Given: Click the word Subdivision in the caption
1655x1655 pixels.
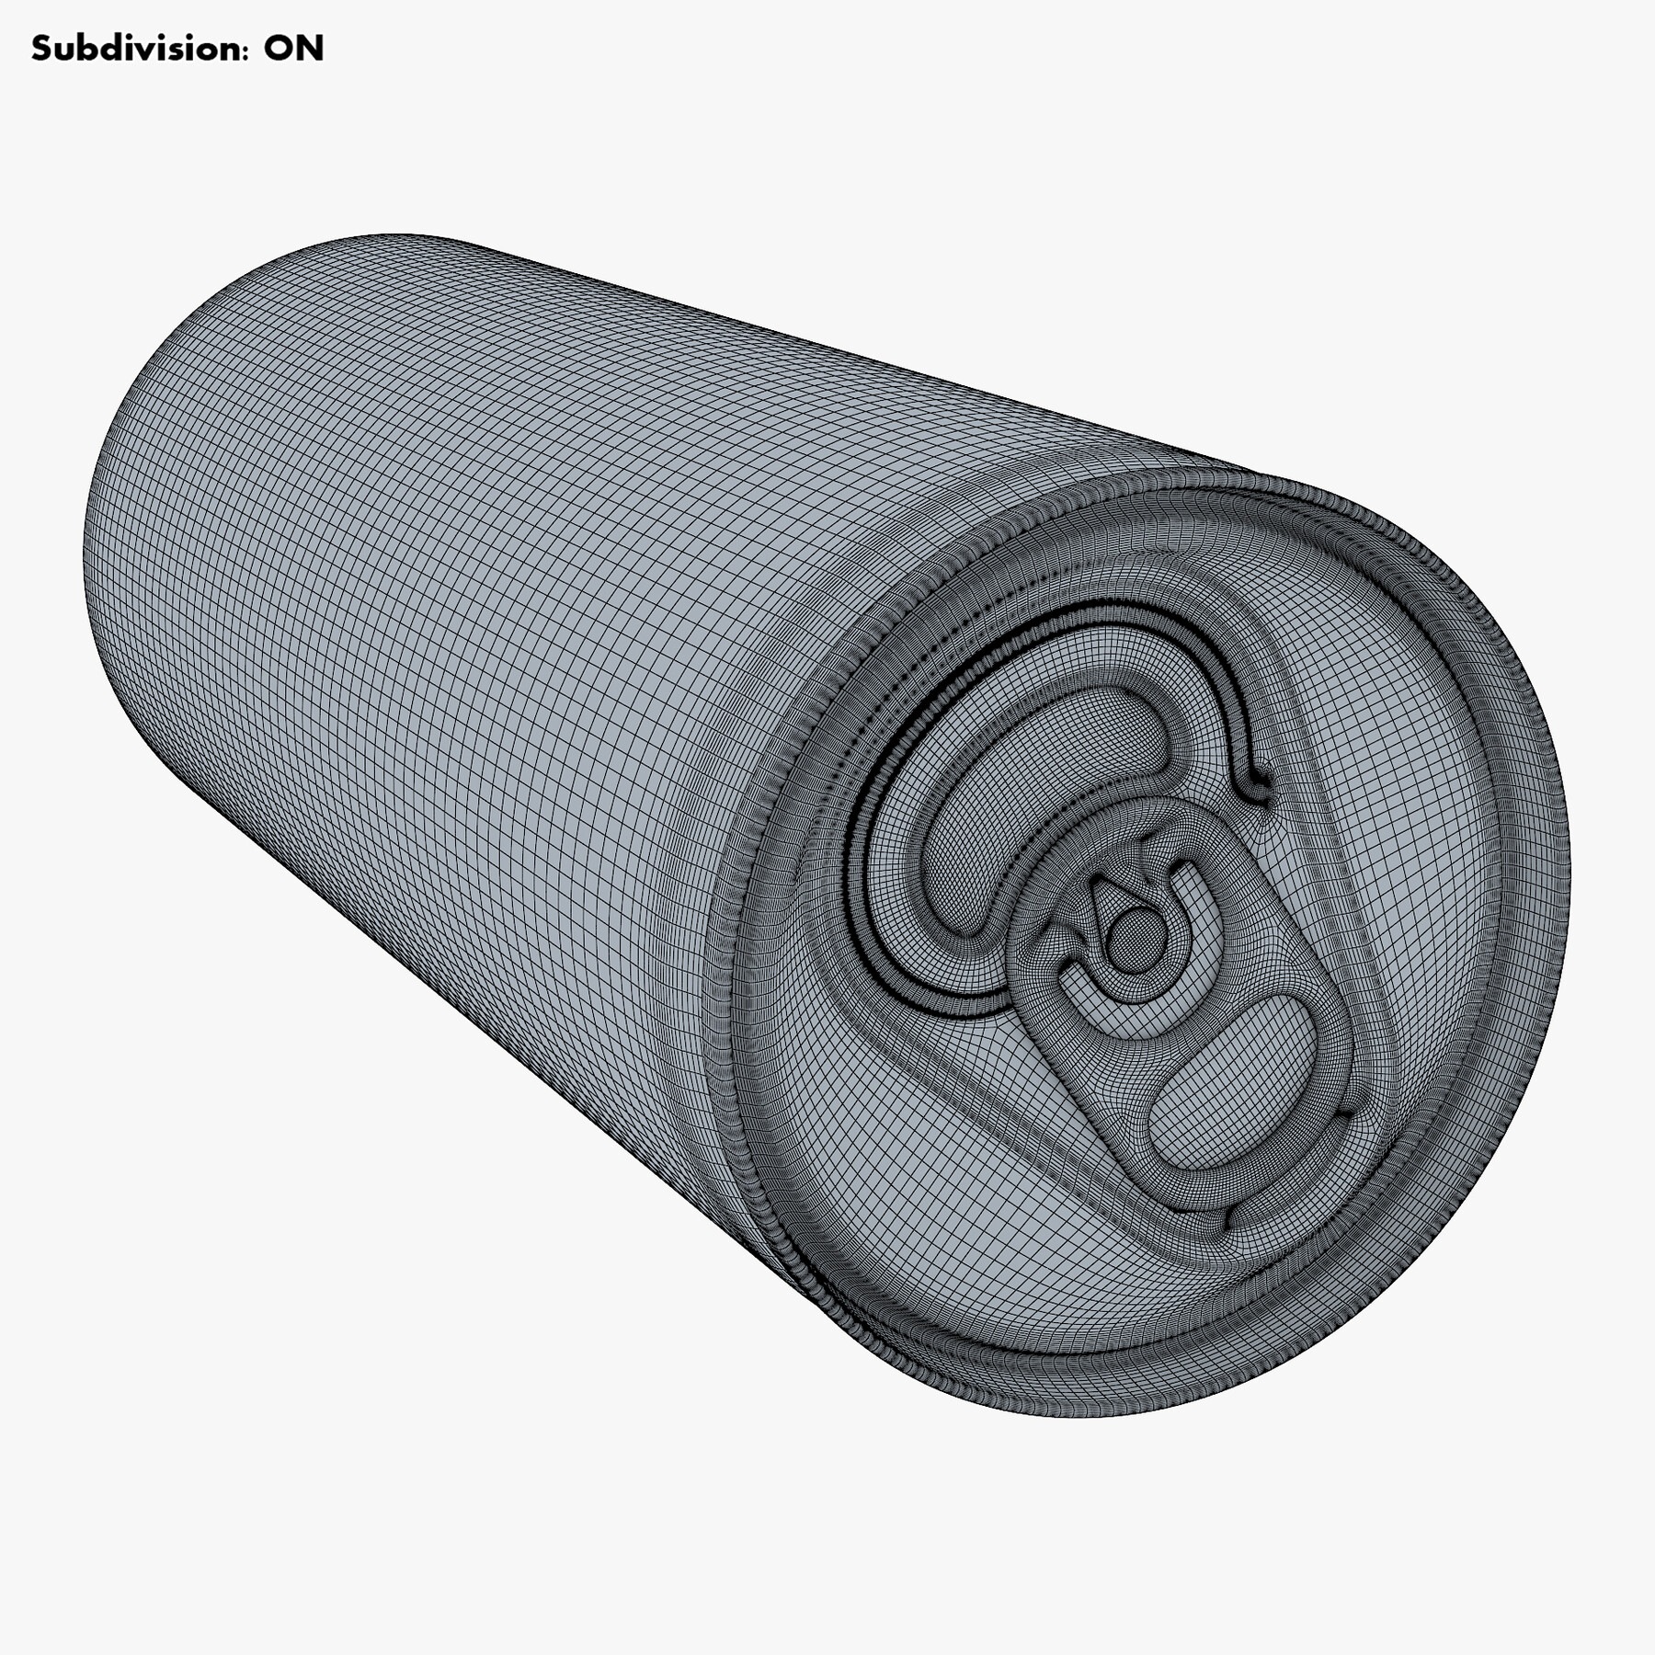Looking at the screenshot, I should [x=138, y=48].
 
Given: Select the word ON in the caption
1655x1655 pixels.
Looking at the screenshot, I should [x=293, y=48].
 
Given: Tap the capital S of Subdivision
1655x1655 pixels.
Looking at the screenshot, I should [x=41, y=48].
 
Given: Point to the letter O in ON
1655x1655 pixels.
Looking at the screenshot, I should [x=279, y=48].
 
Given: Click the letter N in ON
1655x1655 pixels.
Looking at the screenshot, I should [x=310, y=48].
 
